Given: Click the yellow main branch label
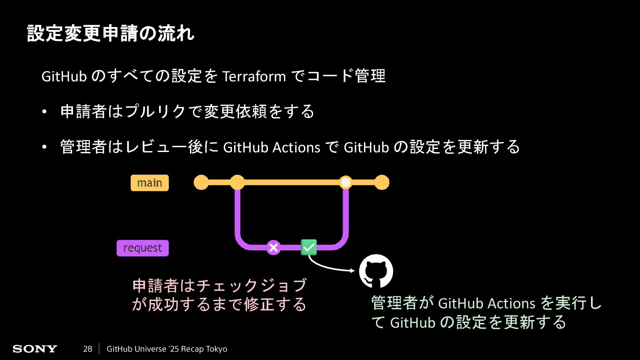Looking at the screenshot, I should coord(150,183).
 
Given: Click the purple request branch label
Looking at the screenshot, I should coord(143,248).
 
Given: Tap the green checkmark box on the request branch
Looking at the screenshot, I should coord(309,247).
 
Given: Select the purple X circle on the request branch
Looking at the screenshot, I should coord(273,248).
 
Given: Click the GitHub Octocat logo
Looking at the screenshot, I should coord(376,271).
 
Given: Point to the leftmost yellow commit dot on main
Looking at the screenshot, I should coord(201,182).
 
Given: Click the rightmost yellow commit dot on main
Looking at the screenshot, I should coord(382,182).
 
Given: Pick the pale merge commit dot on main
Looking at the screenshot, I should coord(346,182).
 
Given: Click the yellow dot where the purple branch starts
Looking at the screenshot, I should coord(237,182).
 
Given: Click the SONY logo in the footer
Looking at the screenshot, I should coord(35,349).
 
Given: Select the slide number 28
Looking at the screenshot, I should coord(88,349).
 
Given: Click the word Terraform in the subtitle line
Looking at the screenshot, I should coord(254,77).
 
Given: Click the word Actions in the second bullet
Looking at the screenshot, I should coord(296,147).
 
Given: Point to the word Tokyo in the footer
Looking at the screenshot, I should coord(216,349).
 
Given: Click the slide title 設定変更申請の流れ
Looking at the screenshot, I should coord(110,33).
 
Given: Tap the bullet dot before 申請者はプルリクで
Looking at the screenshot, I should coord(44,112).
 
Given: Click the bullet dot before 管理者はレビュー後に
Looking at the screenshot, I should coord(44,147).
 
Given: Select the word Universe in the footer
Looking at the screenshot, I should coord(151,349).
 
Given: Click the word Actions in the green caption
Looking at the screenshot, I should coord(511,304).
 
